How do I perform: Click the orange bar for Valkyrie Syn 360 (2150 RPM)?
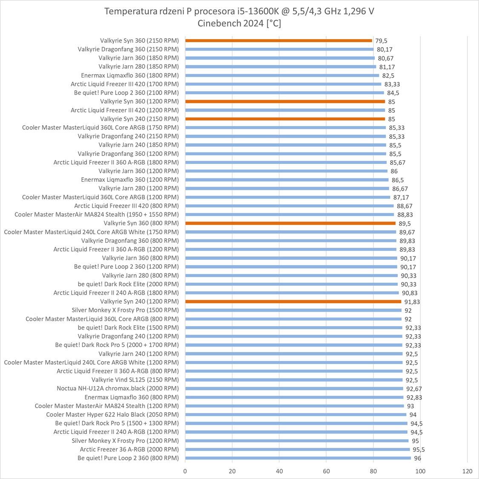tap(278, 41)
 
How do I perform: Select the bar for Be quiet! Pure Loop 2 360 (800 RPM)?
tap(298, 458)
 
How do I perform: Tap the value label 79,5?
tap(381, 41)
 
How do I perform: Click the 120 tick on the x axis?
tap(467, 471)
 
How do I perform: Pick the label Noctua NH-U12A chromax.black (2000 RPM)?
tap(118, 388)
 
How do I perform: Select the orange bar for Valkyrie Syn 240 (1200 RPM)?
tap(293, 301)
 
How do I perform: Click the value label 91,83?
tap(412, 302)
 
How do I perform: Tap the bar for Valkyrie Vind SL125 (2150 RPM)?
tap(294, 380)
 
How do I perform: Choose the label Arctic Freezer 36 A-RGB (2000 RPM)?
tap(129, 449)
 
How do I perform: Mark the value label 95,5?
tap(418, 450)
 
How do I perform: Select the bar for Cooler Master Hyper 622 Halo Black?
tap(295, 414)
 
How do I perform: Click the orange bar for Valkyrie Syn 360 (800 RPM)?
tap(290, 223)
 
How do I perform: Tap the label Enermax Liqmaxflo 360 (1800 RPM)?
tap(130, 75)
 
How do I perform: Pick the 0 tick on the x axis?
tap(185, 471)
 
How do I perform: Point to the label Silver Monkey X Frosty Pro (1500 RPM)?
tap(125, 310)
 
